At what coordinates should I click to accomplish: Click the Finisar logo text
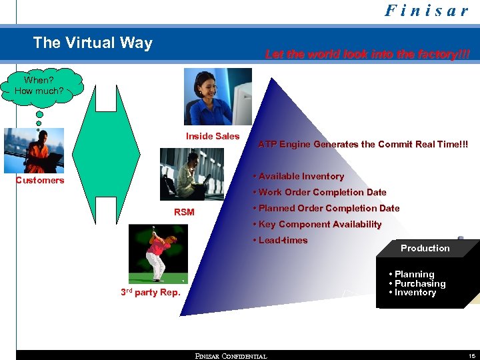(x=427, y=11)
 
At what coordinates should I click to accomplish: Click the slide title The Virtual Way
(x=93, y=43)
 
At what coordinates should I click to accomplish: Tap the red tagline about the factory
(x=367, y=55)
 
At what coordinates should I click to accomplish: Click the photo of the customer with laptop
(x=33, y=151)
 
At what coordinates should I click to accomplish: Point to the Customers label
(x=40, y=180)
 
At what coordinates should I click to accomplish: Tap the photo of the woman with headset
(x=218, y=98)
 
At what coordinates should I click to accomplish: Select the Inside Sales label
(x=213, y=136)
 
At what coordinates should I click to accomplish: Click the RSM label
(x=184, y=212)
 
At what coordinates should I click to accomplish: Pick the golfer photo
(x=158, y=254)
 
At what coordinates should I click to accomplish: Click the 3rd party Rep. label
(x=150, y=292)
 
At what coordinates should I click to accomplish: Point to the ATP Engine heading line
(x=363, y=144)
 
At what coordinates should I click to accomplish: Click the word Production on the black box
(x=425, y=248)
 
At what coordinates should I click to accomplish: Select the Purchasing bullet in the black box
(x=420, y=283)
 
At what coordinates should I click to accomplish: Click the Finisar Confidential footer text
(x=231, y=356)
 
